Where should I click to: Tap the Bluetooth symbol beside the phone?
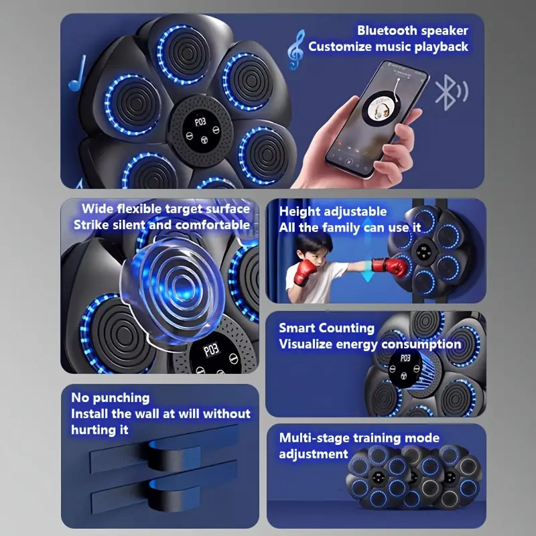pos(451,92)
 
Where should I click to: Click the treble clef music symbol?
pos(295,50)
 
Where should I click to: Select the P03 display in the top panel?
pos(200,122)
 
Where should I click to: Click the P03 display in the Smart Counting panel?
pos(405,358)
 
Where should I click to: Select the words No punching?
pos(110,398)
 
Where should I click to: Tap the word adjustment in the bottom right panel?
pos(313,454)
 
